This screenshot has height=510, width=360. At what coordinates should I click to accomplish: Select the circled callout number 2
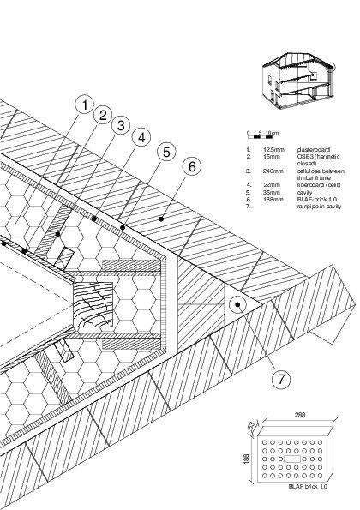tap(103, 116)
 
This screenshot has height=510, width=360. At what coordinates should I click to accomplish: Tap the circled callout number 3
tap(123, 126)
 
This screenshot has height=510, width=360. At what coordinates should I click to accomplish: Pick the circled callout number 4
tap(142, 137)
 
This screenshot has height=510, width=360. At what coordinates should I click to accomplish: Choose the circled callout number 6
tap(191, 165)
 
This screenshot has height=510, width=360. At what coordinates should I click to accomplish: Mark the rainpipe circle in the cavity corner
tap(237, 303)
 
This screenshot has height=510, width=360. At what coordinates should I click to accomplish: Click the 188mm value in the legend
tap(273, 200)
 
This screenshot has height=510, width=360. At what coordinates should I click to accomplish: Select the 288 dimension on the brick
tap(300, 414)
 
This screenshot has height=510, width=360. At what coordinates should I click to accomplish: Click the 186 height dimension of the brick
tap(245, 459)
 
